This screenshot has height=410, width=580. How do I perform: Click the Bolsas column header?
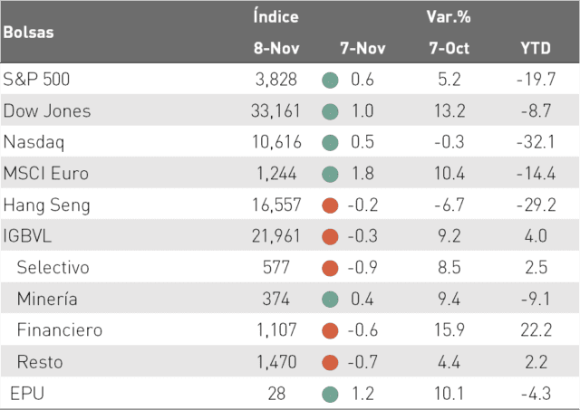28,33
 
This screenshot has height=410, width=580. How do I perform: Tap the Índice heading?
275,16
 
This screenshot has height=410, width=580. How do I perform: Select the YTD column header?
536,48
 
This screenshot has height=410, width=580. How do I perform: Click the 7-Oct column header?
449,48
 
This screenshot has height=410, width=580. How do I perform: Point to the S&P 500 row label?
36,80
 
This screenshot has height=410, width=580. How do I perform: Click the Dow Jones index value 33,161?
275,110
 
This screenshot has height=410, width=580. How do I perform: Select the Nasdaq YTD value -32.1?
536,142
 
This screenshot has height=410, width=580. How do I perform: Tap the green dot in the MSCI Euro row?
330,174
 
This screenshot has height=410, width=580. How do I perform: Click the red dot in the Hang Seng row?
330,205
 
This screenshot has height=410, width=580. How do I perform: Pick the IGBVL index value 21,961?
275,236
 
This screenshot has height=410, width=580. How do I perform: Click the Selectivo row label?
53,267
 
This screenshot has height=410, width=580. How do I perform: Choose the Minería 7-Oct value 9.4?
449,299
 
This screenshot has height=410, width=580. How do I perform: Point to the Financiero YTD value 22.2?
536,329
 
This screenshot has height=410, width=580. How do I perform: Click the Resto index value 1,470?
276,362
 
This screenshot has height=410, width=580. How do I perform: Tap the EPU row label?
27,393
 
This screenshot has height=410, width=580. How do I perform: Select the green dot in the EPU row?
330,394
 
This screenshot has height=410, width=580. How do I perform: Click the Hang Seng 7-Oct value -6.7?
449,205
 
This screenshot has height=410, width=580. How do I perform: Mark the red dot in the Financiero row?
330,330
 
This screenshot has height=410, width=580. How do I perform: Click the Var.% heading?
449,16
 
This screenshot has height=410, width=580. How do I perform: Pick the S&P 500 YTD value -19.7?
536,80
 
